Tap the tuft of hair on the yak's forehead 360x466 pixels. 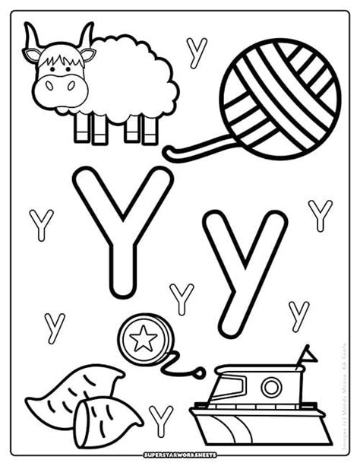(58, 55)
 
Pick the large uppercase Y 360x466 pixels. (122, 228)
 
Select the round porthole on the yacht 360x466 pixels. (271, 388)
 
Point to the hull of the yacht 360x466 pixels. (258, 426)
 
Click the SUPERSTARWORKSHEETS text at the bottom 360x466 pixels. (180, 454)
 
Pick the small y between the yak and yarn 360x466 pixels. (197, 52)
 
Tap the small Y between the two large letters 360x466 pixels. (182, 298)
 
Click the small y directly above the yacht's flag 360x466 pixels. (298, 315)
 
